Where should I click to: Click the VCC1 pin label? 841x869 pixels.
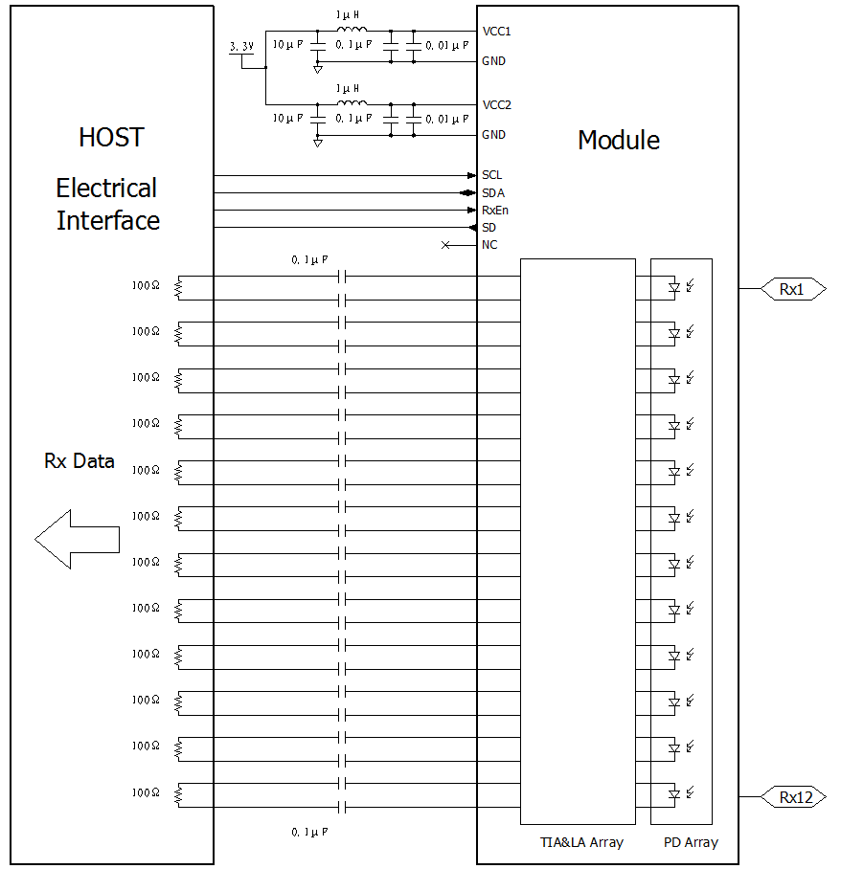496,32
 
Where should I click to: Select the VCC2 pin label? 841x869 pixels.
496,105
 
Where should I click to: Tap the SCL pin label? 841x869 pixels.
491,175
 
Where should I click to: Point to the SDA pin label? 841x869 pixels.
493,193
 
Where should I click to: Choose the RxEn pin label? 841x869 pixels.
495,210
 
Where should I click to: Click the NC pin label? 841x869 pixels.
489,245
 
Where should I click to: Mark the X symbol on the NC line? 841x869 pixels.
444,245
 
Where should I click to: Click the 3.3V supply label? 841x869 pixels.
241,47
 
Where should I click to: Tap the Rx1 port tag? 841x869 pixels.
793,289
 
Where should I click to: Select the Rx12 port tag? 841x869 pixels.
793,797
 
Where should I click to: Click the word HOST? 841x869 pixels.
111,138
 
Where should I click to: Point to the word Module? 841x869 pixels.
619,141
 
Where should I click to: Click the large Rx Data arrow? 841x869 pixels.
78,539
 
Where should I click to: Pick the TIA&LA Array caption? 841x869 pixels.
581,842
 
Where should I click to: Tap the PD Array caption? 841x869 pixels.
691,842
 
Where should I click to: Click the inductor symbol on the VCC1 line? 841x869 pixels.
352,29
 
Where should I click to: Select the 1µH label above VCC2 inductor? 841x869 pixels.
348,89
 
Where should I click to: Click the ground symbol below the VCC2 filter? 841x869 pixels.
318,143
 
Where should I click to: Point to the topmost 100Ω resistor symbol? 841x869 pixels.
178,288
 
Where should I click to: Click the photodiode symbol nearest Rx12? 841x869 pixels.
674,794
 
